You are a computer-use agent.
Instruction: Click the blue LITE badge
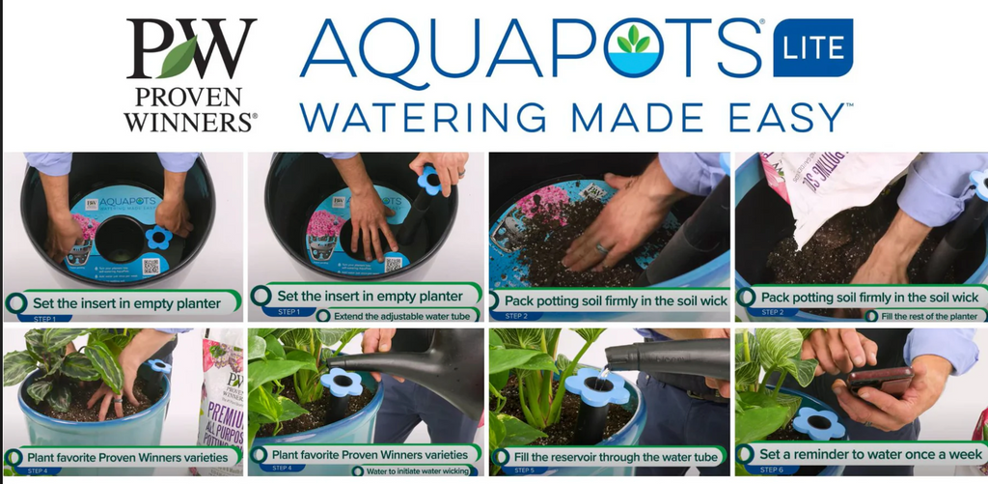tap(813, 47)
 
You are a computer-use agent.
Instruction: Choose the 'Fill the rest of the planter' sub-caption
tap(927, 315)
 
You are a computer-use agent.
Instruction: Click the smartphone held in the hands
tap(879, 378)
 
